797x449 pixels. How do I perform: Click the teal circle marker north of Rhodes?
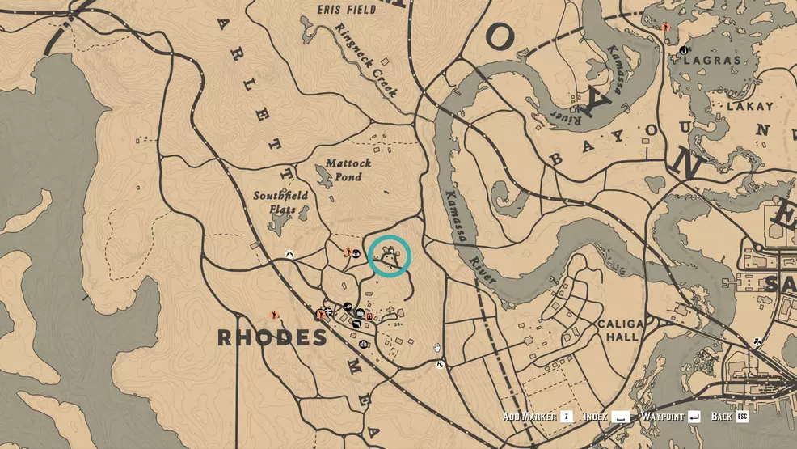(x=390, y=257)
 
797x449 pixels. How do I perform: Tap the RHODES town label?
(x=272, y=338)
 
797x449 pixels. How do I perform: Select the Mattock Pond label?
(x=349, y=170)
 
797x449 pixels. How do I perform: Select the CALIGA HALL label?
(x=621, y=331)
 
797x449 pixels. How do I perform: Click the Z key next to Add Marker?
(x=567, y=417)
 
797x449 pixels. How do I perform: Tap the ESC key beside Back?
(x=742, y=417)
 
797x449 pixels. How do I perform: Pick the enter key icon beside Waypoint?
(x=694, y=417)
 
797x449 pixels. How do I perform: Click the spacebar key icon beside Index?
(x=620, y=417)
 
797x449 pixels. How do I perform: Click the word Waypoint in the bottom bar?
(x=662, y=417)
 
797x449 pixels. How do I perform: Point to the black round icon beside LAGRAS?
(x=684, y=51)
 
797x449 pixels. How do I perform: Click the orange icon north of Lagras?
(x=666, y=28)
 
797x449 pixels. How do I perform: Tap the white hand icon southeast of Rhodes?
(x=437, y=348)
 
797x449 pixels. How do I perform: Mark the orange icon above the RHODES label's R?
(x=274, y=315)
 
